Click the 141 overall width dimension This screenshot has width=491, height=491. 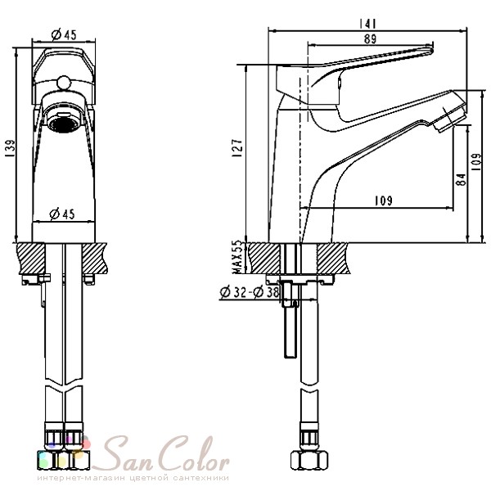pyautogui.click(x=367, y=24)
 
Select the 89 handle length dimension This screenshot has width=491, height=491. pyautogui.click(x=370, y=39)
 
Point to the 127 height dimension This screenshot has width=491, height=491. pyautogui.click(x=238, y=148)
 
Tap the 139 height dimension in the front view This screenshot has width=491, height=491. pyautogui.click(x=10, y=149)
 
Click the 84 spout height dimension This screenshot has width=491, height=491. pyautogui.click(x=462, y=179)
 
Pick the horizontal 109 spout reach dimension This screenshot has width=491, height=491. pyautogui.click(x=384, y=200)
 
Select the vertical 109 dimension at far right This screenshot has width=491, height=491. pyautogui.click(x=476, y=161)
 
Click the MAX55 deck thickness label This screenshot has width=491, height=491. pyautogui.click(x=238, y=257)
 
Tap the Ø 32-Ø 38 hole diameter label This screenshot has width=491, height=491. pyautogui.click(x=250, y=292)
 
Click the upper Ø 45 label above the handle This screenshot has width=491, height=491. pyautogui.click(x=64, y=34)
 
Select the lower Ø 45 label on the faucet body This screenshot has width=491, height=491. pyautogui.click(x=62, y=214)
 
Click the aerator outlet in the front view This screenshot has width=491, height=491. pyautogui.click(x=64, y=123)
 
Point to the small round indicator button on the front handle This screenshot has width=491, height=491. pyautogui.click(x=64, y=83)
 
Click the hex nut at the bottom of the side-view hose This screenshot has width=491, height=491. pyautogui.click(x=309, y=460)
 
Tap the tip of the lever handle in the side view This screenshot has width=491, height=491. pyautogui.click(x=431, y=49)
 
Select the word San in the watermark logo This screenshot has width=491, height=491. pyautogui.click(x=127, y=455)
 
